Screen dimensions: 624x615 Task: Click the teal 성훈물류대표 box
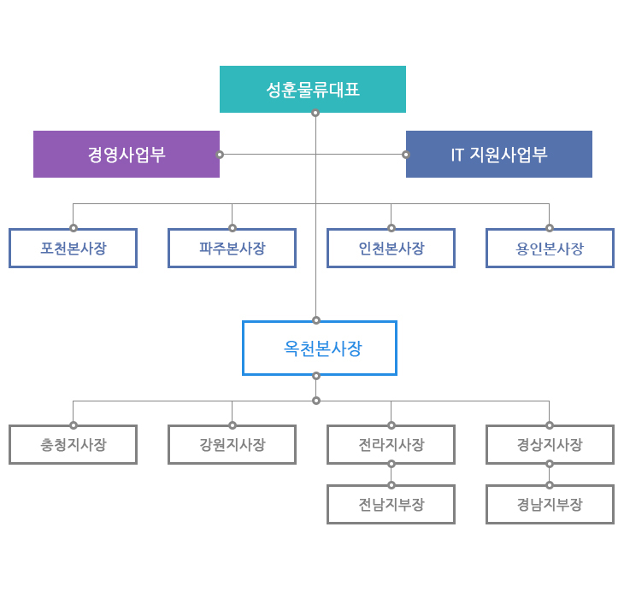coord(313,89)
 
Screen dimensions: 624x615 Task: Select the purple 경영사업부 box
coord(127,155)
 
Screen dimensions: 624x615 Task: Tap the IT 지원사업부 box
coord(499,155)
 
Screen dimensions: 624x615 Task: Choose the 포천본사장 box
coord(74,248)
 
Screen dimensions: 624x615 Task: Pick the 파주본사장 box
coord(232,248)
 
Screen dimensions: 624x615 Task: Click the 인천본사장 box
coord(391,248)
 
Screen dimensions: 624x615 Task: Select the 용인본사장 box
coord(550,248)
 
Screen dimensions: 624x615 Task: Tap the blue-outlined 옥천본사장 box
coord(320,348)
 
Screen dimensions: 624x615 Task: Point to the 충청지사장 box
coord(74,444)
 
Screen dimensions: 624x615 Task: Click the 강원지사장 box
coord(232,444)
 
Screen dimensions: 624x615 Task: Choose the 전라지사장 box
coord(391,444)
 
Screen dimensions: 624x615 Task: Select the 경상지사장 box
coord(550,444)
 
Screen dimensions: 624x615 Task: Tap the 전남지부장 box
coord(391,504)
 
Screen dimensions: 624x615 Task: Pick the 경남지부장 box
coord(550,504)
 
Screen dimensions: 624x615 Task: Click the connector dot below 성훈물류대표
coord(315,113)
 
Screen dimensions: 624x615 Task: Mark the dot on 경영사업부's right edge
coord(220,155)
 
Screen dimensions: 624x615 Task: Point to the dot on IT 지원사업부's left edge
coord(406,155)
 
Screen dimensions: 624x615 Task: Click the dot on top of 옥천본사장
coord(316,320)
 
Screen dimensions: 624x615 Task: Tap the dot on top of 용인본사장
coord(550,228)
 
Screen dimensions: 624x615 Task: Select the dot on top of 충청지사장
coord(74,425)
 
